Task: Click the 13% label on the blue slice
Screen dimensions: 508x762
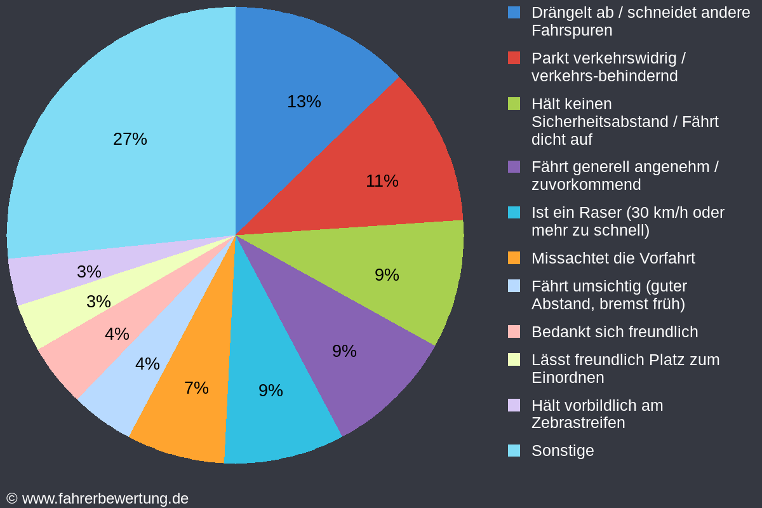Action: coord(304,102)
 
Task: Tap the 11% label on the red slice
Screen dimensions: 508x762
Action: coord(382,181)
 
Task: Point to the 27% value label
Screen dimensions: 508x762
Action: coord(130,139)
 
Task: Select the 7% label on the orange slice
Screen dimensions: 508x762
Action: coord(196,388)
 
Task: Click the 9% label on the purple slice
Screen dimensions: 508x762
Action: coord(344,351)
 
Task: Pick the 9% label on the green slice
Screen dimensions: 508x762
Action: coord(387,275)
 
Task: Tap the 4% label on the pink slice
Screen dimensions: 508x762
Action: coord(117,334)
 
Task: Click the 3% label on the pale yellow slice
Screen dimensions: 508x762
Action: coord(98,302)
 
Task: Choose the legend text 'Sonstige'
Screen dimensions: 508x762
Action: coord(563,451)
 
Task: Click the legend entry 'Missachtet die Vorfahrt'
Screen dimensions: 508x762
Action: coord(613,258)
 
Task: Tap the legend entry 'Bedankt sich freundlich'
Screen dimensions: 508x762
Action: coord(614,332)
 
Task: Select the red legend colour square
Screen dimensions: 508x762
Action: coord(514,58)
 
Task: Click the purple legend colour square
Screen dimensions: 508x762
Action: coord(514,167)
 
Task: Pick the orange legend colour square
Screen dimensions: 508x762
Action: coord(514,258)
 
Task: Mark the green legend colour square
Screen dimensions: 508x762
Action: coord(514,104)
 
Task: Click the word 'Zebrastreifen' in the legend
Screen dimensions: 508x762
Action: coord(578,423)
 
